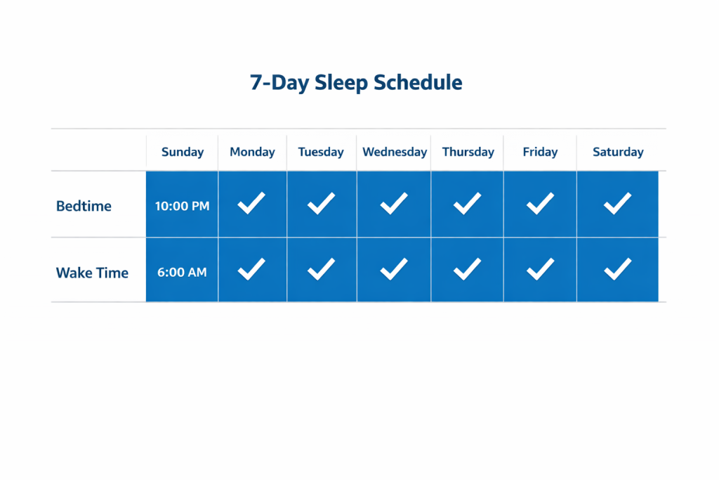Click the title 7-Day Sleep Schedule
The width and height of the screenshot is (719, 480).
356,82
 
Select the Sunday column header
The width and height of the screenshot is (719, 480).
183,152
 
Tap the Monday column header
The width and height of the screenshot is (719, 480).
253,152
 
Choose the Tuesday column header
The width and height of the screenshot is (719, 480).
321,152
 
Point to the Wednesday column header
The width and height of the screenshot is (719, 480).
395,152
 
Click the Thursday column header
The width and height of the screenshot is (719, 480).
468,152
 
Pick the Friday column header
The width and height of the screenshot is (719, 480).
540,152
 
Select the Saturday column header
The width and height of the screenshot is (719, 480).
618,152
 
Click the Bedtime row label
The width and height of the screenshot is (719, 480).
84,207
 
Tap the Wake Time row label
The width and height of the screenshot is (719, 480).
92,273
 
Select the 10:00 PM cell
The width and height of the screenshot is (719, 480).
183,207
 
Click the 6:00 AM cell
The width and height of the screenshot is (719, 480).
183,273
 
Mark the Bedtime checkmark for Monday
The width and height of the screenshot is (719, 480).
251,204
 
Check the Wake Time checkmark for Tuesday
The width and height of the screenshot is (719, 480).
321,269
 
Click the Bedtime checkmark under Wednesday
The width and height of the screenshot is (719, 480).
394,204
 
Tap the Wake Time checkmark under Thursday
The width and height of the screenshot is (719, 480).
467,269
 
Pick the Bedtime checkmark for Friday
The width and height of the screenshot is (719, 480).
540,204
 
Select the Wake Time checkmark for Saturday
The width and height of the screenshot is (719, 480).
618,269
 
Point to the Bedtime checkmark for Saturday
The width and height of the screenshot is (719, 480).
618,204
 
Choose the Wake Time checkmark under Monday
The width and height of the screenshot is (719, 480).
251,269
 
